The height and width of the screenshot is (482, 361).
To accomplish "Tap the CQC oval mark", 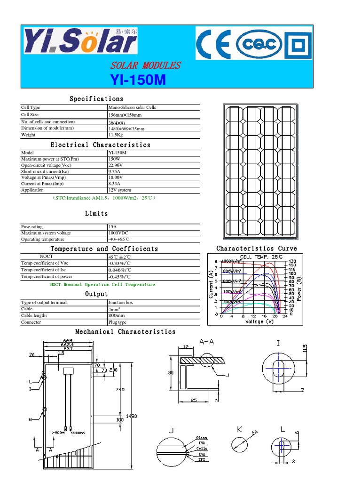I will (259, 44).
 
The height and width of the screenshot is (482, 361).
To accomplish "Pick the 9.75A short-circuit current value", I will (115, 172).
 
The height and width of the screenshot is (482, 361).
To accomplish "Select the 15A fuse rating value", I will (112, 227).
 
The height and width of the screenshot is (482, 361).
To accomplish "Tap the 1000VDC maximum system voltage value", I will (118, 233).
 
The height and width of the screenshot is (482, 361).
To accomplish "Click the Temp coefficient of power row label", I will (47, 277).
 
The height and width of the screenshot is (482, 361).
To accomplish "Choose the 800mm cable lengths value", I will (117, 316).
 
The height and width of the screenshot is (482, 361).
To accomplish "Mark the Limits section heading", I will (96, 214).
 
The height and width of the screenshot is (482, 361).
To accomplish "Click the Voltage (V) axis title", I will (259, 321).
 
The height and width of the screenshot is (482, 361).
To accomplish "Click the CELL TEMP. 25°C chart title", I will (261, 257).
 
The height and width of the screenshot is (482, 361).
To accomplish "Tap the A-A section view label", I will (207, 342).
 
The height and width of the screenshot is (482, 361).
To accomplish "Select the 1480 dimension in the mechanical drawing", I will (132, 416).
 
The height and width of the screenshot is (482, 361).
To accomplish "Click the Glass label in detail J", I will (202, 438).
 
